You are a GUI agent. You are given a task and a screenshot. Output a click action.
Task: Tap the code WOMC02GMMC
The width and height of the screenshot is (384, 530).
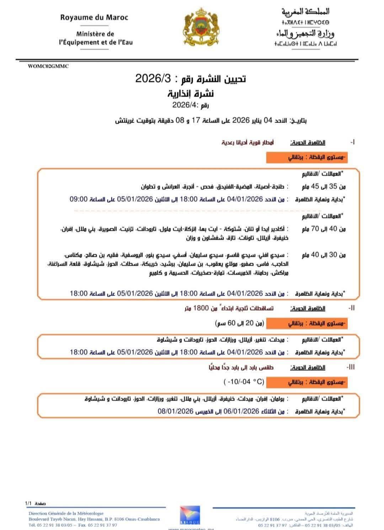48,66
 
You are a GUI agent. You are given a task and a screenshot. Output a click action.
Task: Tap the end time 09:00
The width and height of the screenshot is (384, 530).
79,199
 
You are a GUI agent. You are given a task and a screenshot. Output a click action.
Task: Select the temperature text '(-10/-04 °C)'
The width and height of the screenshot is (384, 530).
244,382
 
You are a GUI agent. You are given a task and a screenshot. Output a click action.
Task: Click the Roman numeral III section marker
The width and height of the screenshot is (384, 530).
351,367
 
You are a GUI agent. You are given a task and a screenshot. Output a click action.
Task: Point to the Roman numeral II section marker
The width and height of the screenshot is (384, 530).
351,308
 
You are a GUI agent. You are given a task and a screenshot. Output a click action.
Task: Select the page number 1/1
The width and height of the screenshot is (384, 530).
28,503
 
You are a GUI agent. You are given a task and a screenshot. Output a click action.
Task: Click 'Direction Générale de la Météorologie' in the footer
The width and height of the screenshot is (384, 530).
66,513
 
